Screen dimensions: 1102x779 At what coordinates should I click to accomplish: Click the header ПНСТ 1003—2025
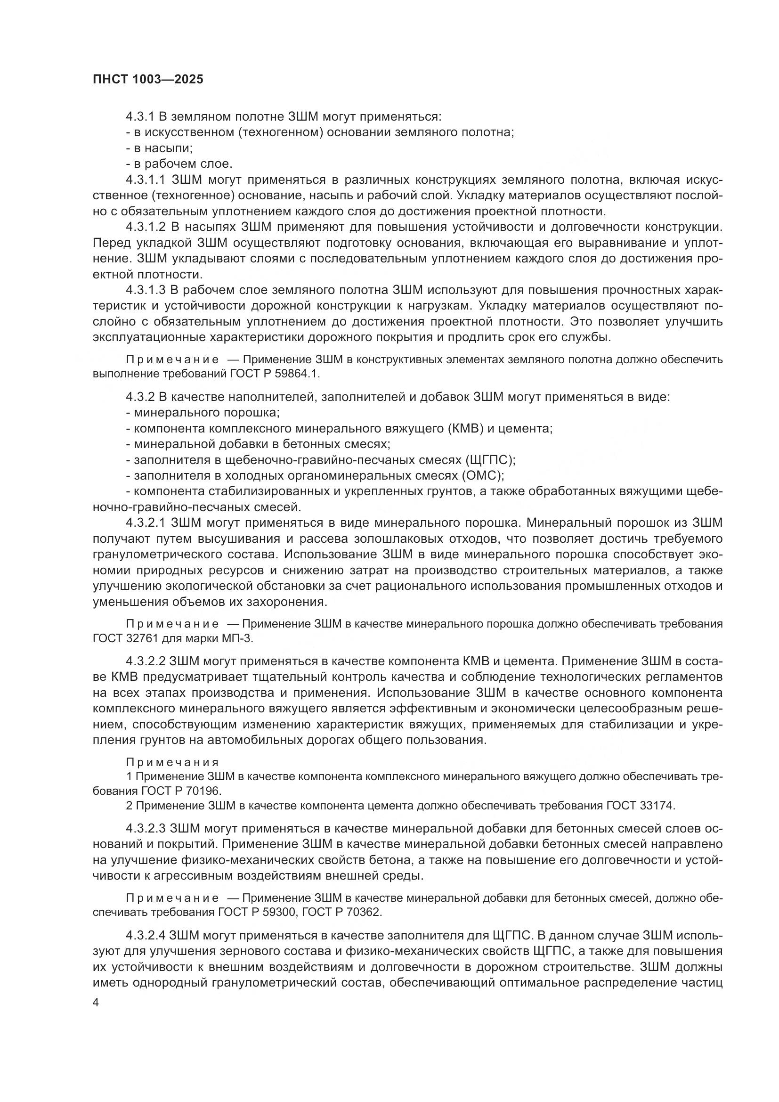[x=148, y=79]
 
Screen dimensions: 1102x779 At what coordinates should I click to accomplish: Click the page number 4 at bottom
[x=96, y=1003]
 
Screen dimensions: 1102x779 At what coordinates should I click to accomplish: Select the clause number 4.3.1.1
[x=146, y=180]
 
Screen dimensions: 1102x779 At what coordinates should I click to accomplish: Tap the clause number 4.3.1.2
[x=146, y=227]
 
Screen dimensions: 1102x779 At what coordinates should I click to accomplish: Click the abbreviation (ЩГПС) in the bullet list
[x=490, y=460]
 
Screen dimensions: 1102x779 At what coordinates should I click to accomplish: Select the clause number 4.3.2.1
[x=146, y=522]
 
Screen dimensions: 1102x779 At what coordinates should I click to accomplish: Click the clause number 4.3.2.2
[x=146, y=661]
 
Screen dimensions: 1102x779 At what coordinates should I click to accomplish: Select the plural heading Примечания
[x=173, y=762]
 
